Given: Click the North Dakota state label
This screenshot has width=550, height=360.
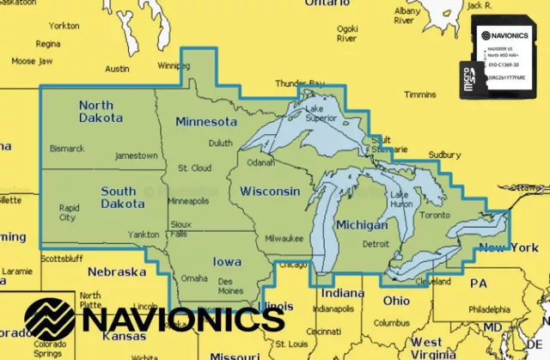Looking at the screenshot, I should pyautogui.click(x=101, y=111).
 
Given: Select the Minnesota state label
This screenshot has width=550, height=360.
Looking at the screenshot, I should pyautogui.click(x=205, y=122).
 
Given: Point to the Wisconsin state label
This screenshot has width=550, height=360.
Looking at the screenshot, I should pyautogui.click(x=269, y=191).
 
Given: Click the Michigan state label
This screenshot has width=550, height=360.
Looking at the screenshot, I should pyautogui.click(x=361, y=224).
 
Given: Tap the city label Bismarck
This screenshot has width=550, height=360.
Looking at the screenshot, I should pyautogui.click(x=67, y=149).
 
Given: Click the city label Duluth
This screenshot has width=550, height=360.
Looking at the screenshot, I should pyautogui.click(x=221, y=143).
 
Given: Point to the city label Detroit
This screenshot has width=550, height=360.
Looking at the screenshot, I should pyautogui.click(x=376, y=244).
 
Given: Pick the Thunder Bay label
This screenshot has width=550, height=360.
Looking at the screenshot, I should pyautogui.click(x=296, y=82).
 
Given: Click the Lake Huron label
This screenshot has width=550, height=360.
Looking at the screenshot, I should pyautogui.click(x=401, y=199).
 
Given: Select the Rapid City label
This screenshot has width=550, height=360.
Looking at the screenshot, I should pyautogui.click(x=68, y=212).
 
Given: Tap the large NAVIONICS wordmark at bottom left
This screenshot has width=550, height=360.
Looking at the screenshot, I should pyautogui.click(x=155, y=320).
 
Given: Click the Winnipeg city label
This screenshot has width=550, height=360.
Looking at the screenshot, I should pyautogui.click(x=174, y=65).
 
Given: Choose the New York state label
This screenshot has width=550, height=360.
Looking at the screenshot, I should pyautogui.click(x=509, y=248).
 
